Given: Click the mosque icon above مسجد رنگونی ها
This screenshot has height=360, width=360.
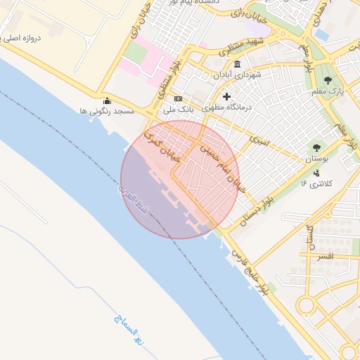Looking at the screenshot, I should tap(106, 101).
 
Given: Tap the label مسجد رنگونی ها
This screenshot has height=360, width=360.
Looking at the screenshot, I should tap(107, 111).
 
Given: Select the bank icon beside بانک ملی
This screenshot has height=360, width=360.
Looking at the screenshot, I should tap(178, 98).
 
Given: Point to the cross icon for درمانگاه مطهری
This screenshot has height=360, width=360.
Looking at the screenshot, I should tap(226, 96).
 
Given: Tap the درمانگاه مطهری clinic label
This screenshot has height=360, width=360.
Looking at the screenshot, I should tap(227, 108).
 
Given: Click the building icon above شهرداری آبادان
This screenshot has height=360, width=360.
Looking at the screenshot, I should tap(237, 65).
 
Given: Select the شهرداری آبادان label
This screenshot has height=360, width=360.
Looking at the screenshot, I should tap(238, 75).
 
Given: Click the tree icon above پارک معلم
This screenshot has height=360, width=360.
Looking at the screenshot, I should tap(328, 80).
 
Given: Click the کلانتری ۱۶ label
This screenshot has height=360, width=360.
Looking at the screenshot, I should tap(316, 184).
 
